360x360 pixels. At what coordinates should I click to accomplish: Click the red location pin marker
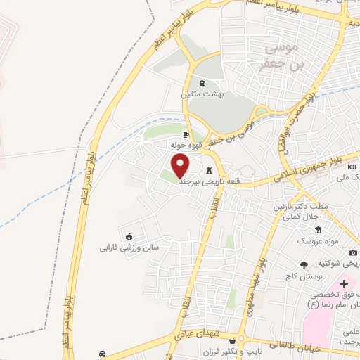(181, 165)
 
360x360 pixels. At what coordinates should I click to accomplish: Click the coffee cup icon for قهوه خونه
(186, 134)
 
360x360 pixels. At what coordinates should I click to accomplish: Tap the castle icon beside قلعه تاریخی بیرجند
(209, 171)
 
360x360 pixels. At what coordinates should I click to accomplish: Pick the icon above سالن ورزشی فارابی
(128, 236)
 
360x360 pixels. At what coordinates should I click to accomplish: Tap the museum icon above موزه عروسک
(318, 231)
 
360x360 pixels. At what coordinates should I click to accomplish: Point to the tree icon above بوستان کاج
(303, 265)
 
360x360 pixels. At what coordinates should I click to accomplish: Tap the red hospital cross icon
(344, 283)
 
